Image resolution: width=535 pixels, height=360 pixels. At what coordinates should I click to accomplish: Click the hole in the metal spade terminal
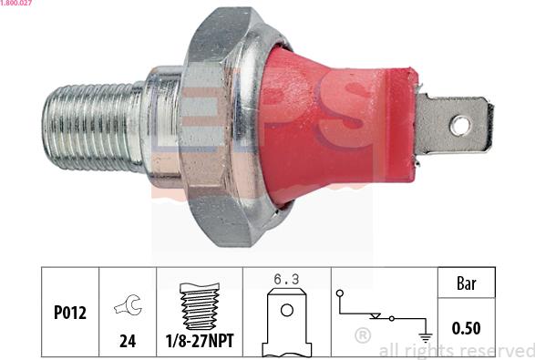460,127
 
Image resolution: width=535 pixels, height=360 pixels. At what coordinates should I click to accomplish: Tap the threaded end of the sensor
92,127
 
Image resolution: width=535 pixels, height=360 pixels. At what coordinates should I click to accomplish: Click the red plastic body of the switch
338,127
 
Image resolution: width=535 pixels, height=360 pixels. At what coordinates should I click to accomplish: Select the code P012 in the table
70,313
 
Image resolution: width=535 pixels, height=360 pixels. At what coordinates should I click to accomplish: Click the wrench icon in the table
129,304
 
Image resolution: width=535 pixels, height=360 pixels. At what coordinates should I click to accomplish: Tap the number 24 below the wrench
128,341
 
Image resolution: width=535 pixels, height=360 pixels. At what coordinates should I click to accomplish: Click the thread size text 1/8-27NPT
200,341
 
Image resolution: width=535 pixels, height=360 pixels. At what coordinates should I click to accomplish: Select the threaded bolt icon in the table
200,306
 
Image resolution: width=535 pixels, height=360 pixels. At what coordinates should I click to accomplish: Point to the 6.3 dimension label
286,280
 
